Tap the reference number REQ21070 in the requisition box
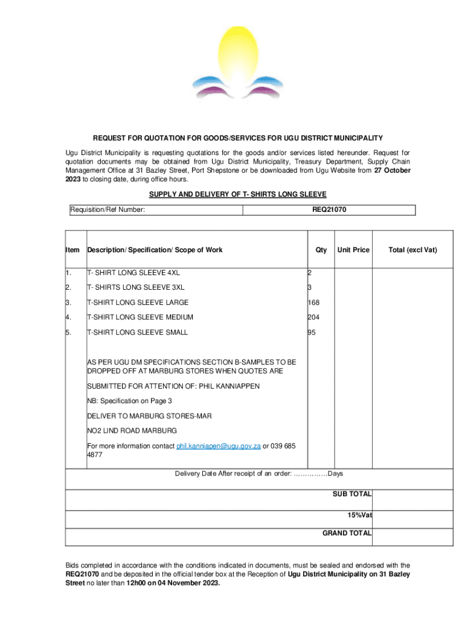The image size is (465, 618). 329,210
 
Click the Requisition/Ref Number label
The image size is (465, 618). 107,210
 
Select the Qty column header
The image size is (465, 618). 321,250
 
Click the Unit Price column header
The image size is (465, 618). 353,250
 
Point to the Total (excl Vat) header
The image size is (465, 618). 412,250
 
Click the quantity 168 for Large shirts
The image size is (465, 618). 313,302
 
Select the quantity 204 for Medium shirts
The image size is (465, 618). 313,317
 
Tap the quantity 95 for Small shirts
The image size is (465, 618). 312,333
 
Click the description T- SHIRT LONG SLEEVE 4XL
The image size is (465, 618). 133,273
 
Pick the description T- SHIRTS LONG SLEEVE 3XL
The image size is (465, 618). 136,287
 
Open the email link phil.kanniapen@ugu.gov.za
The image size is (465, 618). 218,446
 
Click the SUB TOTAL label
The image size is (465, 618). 352,494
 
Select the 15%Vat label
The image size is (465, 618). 359,515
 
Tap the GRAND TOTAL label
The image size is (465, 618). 347,533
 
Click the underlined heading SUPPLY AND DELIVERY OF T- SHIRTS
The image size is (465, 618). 237,194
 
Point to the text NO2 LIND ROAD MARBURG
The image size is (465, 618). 132,431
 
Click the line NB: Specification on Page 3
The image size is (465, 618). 130,401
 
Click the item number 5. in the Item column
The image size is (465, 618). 68,333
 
